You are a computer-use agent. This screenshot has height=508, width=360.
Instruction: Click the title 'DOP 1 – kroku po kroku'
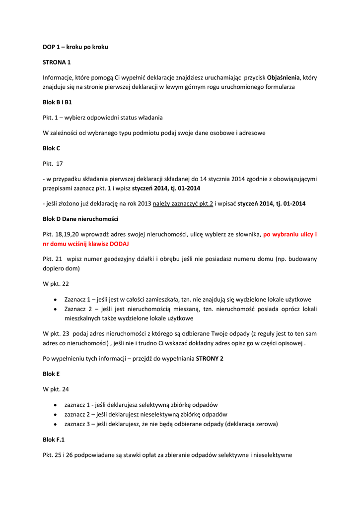coord(75,47)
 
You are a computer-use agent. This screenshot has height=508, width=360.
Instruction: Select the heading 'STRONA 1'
coord(57,62)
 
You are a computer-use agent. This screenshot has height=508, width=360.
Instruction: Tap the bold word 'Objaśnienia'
coord(283,77)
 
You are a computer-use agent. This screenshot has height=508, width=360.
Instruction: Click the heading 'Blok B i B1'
coord(57,102)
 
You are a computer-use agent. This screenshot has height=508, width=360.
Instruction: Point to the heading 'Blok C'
coord(52,148)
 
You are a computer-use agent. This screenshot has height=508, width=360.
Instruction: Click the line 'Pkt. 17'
coord(53,163)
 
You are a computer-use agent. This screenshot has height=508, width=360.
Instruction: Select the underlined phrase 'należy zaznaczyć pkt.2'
coord(183,203)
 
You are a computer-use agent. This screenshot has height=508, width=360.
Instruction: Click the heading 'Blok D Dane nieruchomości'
coord(80,219)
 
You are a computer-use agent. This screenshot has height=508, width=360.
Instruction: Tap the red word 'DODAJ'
coord(122,244)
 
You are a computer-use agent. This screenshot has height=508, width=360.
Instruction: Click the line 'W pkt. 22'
coord(56,284)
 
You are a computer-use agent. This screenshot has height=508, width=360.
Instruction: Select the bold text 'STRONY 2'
coord(210,358)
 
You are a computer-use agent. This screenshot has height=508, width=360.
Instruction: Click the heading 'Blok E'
coord(51,374)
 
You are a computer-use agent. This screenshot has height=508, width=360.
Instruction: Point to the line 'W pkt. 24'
coord(56,389)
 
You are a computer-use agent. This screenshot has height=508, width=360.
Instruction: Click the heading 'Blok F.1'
coord(54,440)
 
